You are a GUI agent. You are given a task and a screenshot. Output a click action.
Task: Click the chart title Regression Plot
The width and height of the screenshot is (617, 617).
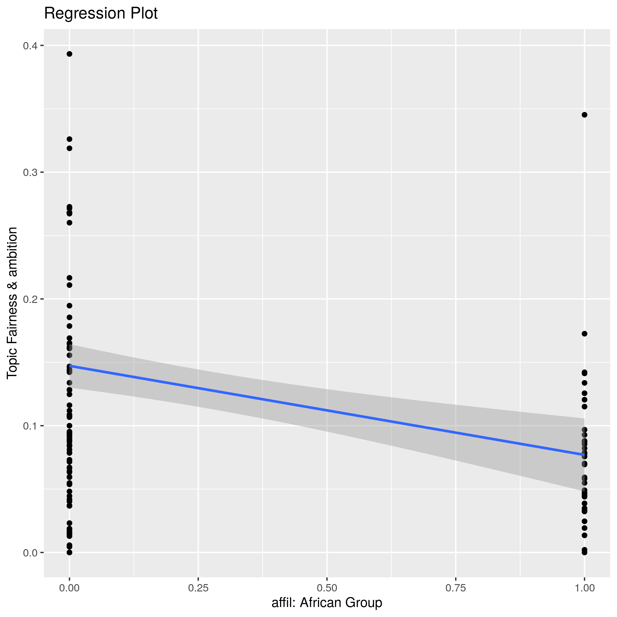pos(100,14)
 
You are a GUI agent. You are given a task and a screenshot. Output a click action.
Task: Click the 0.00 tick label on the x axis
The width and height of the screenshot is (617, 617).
pos(69,588)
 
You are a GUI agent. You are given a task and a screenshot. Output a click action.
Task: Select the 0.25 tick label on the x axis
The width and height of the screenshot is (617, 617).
pos(198,588)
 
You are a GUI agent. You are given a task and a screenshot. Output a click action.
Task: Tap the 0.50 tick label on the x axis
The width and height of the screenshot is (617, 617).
pos(327,588)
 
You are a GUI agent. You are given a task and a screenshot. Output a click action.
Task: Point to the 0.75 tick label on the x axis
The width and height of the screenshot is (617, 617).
pos(455,588)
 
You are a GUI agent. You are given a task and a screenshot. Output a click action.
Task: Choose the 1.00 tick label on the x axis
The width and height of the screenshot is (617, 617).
pos(584,588)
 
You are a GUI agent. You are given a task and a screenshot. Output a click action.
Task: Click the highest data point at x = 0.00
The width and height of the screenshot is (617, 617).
pos(69,54)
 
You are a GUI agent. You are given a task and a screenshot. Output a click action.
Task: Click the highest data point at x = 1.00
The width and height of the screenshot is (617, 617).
pos(584,115)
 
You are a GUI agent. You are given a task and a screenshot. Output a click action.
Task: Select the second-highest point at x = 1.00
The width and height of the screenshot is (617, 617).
pos(584,334)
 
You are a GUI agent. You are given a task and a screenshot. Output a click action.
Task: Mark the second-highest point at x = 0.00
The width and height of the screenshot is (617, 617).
pos(69,139)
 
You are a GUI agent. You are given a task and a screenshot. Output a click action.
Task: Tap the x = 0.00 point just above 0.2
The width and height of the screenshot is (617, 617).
pos(69,285)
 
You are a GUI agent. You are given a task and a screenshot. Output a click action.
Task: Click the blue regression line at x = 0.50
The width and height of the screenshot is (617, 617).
pos(327,410)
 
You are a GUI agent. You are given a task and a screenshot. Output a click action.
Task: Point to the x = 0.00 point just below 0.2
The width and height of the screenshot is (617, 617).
pos(69,306)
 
